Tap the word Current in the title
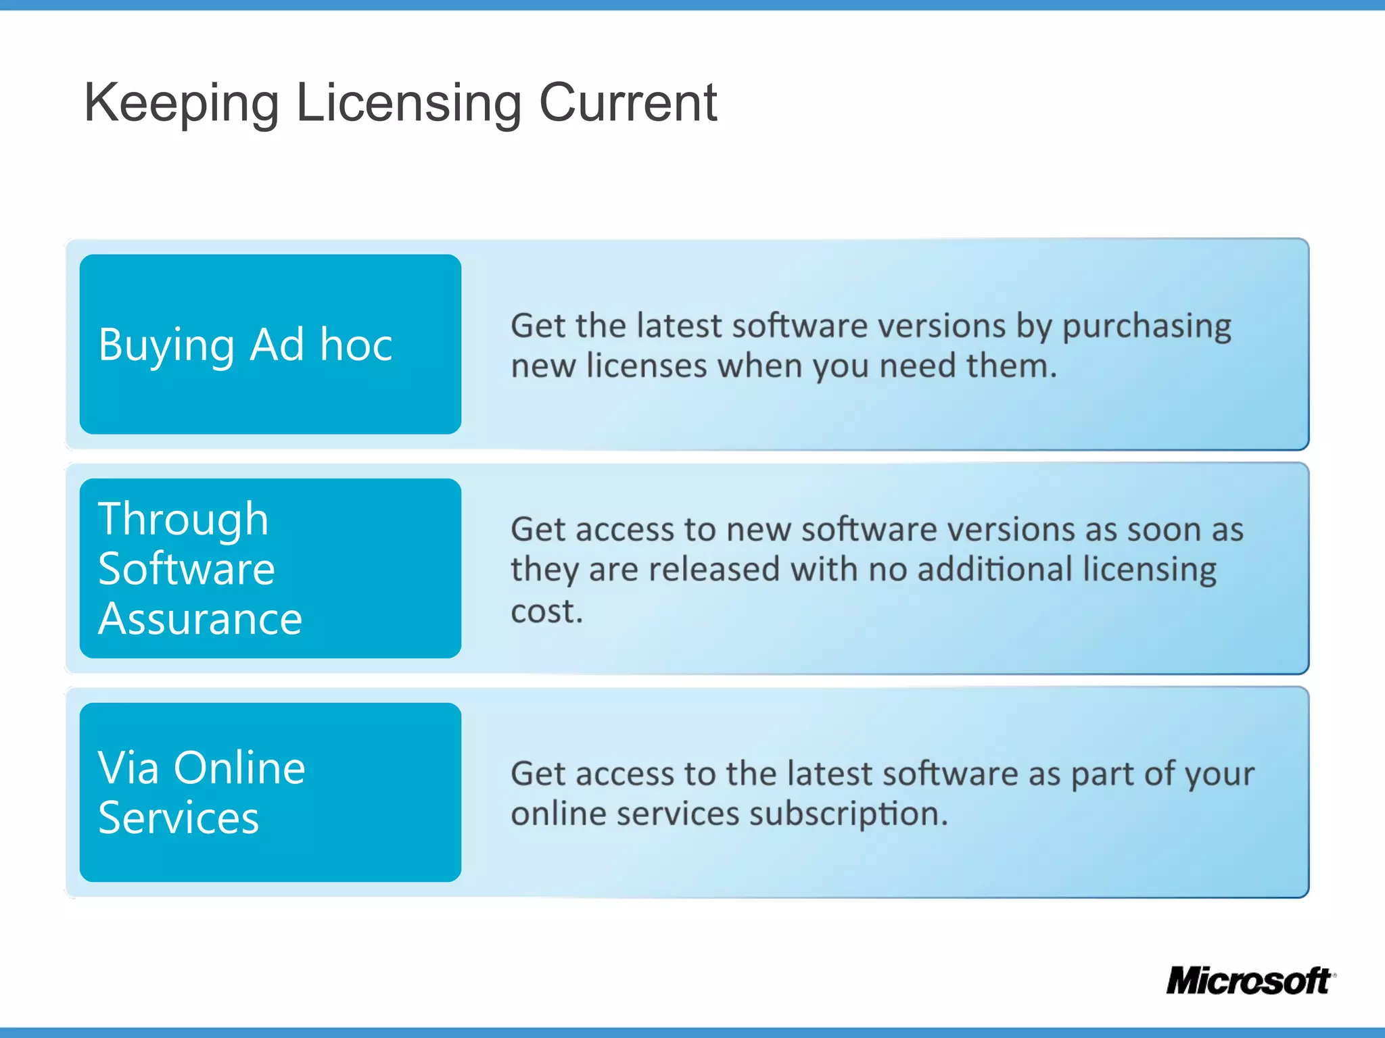click(x=628, y=103)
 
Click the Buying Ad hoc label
click(x=245, y=345)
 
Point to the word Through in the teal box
click(x=183, y=520)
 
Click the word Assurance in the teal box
click(x=200, y=619)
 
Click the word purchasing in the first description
click(x=1146, y=327)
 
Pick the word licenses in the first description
click(x=647, y=366)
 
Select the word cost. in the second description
click(x=546, y=612)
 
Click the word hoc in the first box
click(x=356, y=345)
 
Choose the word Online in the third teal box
click(x=239, y=768)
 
